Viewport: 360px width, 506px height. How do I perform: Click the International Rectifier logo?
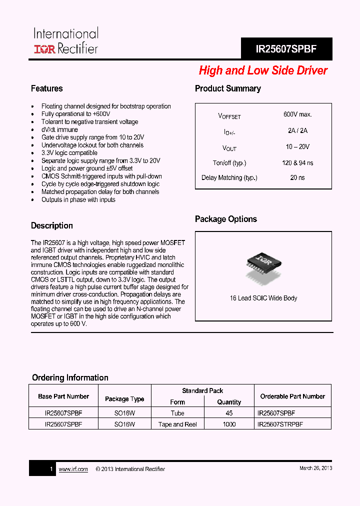(65, 41)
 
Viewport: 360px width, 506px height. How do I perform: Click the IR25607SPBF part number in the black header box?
(286, 49)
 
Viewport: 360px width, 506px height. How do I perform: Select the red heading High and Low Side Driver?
(263, 70)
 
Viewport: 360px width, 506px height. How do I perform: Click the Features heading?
(47, 88)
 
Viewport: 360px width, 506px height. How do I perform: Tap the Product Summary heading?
(227, 88)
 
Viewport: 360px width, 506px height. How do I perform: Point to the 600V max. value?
(297, 114)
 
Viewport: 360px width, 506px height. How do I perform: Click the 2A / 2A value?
(297, 130)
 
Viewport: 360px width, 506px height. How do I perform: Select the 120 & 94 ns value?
(297, 163)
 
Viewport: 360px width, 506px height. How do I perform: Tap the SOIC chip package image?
(263, 264)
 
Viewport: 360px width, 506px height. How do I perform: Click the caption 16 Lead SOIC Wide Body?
(263, 298)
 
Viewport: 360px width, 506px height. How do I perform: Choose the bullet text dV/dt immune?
(59, 129)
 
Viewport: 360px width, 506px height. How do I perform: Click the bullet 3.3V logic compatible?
(69, 153)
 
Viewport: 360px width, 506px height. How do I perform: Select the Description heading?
(52, 225)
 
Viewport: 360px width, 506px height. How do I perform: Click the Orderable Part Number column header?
(292, 396)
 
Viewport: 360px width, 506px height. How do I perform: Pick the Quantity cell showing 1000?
(229, 424)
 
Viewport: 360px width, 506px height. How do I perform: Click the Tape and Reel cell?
(177, 424)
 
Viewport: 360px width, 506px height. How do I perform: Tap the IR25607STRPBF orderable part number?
(280, 424)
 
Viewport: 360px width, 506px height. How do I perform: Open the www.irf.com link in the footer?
(73, 469)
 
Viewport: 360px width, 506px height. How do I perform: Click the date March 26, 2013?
(315, 468)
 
